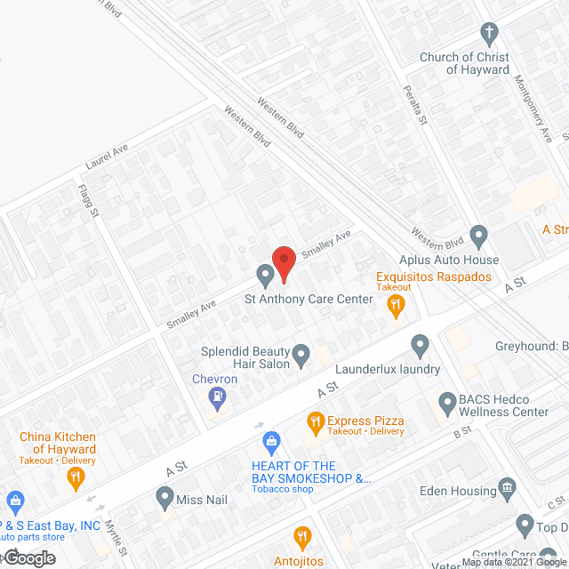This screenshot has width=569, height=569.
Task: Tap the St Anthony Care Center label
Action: coord(309,300)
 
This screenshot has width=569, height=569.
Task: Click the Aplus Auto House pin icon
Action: coord(479,238)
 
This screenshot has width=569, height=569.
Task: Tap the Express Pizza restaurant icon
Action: coord(314,421)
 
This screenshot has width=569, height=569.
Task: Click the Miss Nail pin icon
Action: coord(164,496)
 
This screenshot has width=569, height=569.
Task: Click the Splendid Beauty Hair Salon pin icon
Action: coord(301,357)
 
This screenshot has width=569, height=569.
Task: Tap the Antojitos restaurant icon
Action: coord(302,537)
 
